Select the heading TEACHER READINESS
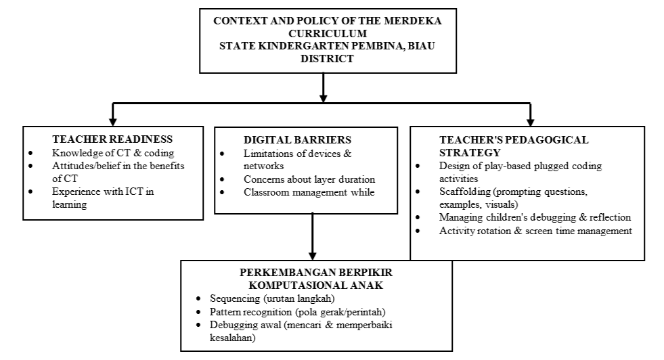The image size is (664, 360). pos(112,139)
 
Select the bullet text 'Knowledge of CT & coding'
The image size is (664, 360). pos(113,153)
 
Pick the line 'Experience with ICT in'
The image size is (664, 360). pos(103,192)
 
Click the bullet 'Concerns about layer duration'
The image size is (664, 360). pos(309,179)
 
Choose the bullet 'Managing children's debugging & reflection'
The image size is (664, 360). pos(535,217)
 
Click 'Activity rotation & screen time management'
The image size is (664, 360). pos(535,230)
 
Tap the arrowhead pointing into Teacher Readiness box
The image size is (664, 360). pos(113,120)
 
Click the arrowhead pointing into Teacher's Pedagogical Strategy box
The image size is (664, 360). pos(529,120)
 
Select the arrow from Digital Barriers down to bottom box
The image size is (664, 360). pos(312,233)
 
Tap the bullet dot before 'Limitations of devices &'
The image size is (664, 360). pos(223,154)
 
